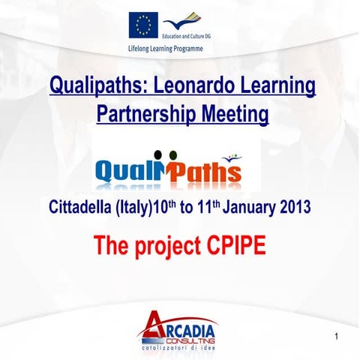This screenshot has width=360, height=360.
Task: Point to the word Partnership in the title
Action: tap(142, 114)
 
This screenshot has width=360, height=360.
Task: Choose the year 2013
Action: tap(293, 208)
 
